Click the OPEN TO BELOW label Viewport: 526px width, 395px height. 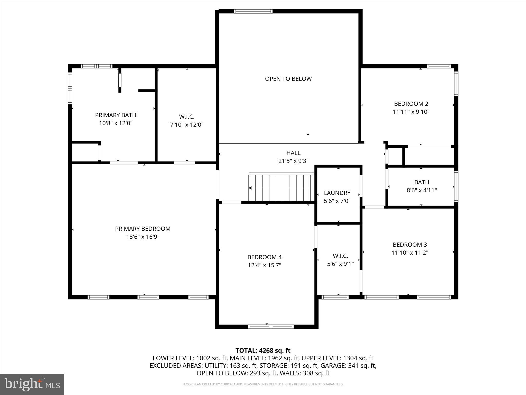[288, 79]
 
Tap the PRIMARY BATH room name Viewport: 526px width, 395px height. [116, 115]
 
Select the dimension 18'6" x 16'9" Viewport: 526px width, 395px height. [143, 237]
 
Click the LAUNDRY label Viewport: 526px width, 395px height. [337, 193]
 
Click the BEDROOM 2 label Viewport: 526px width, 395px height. [411, 104]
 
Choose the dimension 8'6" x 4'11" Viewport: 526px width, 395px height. [421, 190]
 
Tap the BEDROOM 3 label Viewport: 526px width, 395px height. [410, 245]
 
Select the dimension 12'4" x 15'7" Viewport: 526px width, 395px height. [264, 265]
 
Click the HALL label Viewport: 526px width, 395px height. [293, 153]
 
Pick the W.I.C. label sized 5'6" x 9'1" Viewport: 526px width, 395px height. [340, 256]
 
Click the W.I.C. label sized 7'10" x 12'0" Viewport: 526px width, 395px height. [186, 117]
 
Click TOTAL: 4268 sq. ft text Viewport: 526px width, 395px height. [263, 351]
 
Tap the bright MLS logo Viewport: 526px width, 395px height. [32, 384]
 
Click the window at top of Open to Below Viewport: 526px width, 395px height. [253, 11]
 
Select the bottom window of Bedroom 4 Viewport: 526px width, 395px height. [271, 327]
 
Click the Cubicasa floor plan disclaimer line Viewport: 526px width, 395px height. [263, 384]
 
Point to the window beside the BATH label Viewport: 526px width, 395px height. [456, 186]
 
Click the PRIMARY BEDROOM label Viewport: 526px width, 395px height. [143, 229]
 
